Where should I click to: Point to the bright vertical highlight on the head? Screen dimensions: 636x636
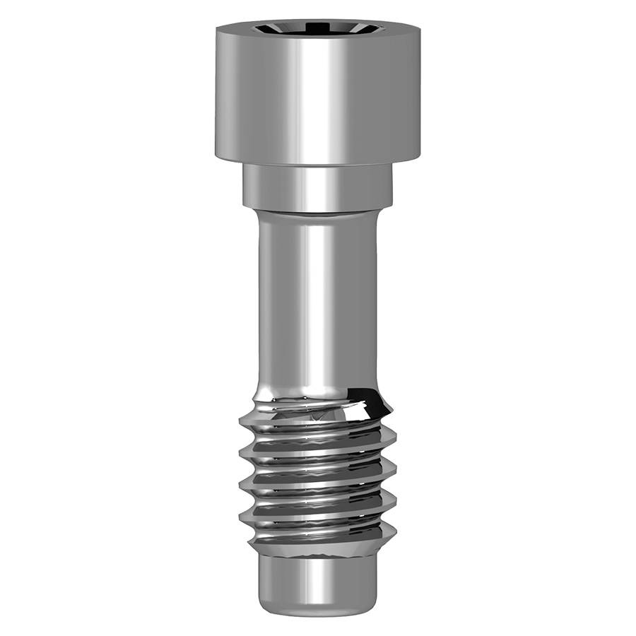tap(311, 99)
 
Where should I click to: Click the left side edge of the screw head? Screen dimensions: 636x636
tap(218, 92)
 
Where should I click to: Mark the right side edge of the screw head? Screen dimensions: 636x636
tap(419, 92)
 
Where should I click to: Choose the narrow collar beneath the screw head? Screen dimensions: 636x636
tap(318, 187)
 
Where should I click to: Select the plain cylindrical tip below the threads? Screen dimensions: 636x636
tap(317, 576)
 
